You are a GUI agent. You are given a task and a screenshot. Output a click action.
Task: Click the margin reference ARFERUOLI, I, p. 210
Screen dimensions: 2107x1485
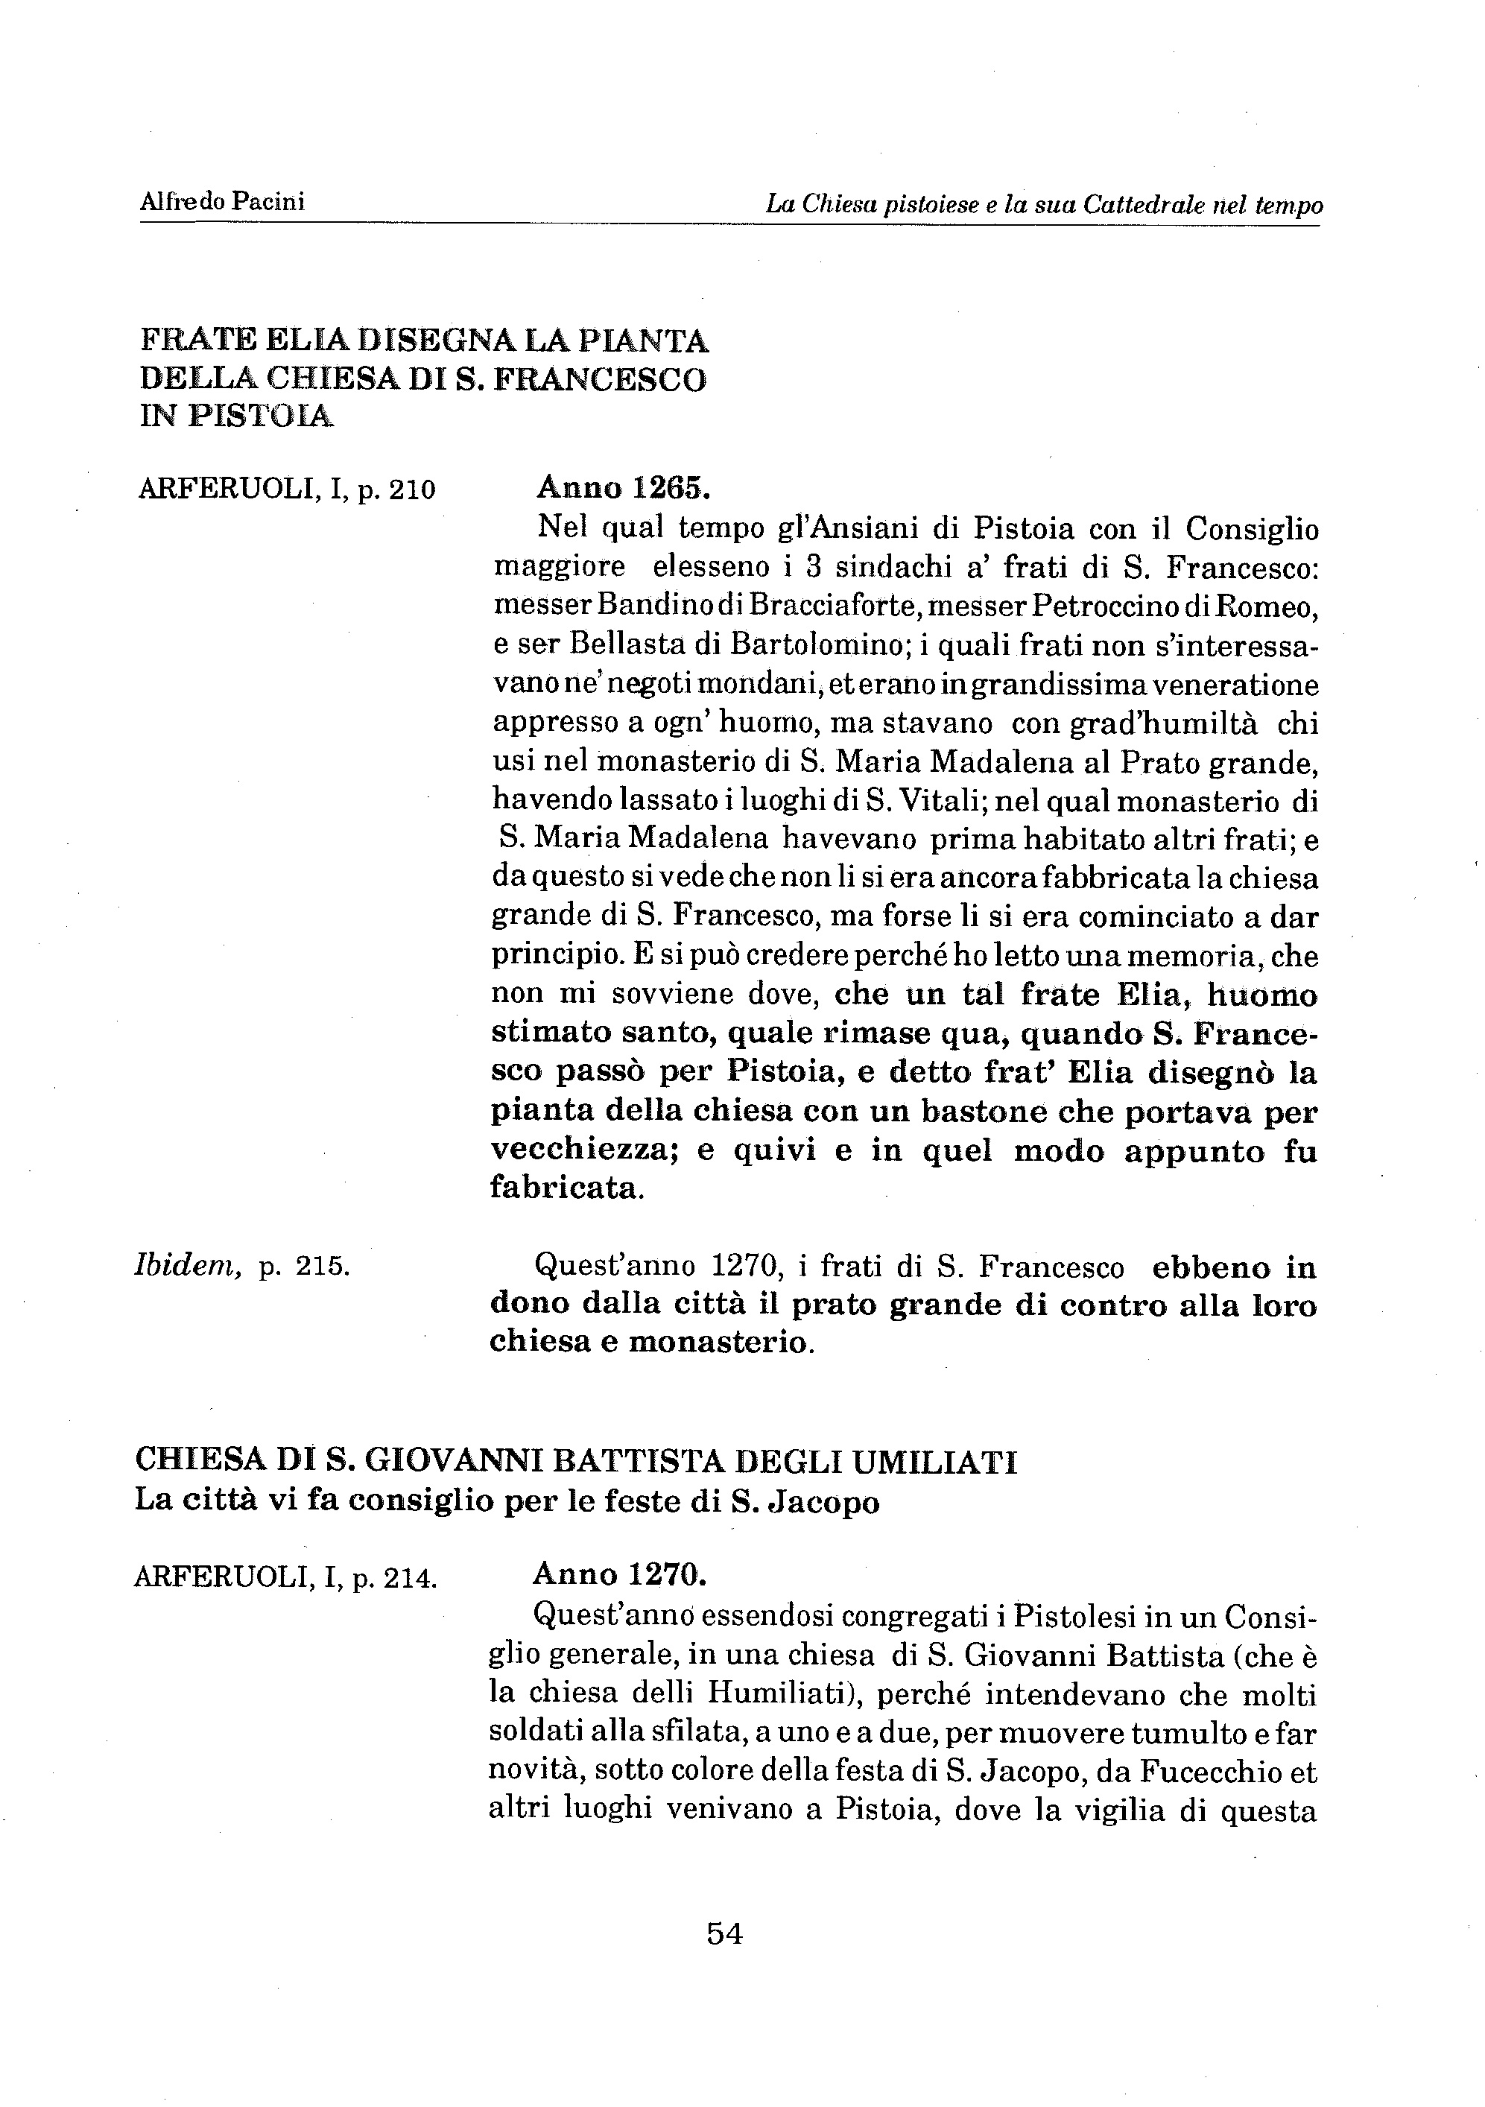click(285, 489)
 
